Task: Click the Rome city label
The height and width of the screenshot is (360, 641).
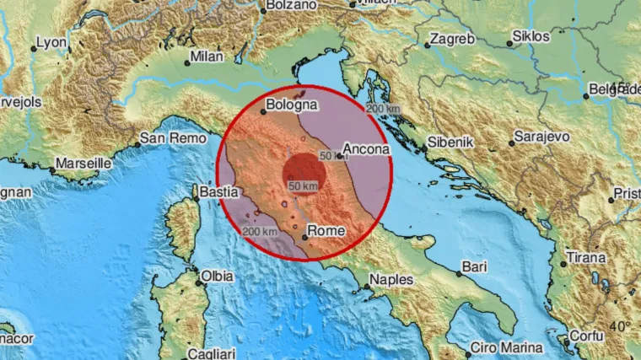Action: pos(324,228)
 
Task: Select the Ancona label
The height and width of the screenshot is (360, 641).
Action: pos(366,149)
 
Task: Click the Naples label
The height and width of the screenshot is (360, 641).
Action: pos(391,279)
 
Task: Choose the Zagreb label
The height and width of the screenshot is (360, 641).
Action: pos(452,39)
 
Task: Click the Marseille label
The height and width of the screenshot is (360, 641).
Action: pos(84,163)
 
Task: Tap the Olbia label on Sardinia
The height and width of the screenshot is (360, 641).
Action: pos(216,276)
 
